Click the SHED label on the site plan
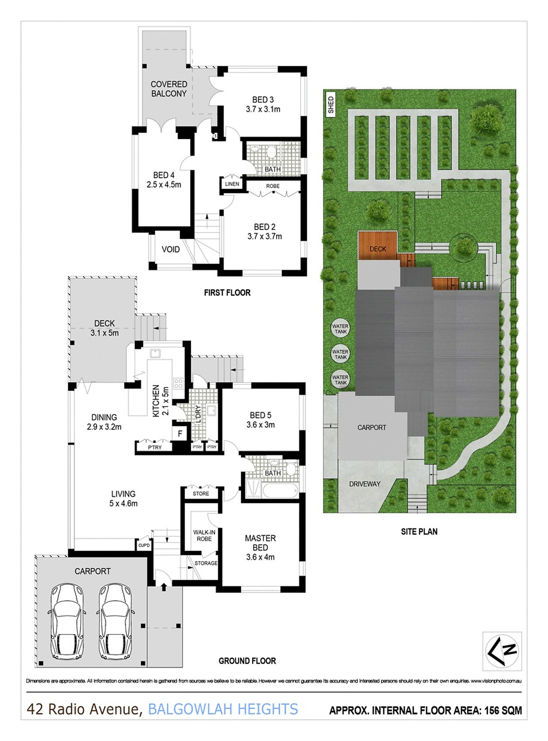[x=331, y=105]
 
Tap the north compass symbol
[x=502, y=651]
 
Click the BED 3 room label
[x=263, y=104]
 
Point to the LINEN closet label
[x=232, y=184]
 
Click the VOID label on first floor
[x=170, y=250]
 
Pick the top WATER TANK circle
[x=340, y=329]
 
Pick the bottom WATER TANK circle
[x=340, y=380]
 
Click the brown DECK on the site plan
[x=378, y=246]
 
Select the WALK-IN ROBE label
[x=204, y=535]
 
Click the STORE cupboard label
[x=201, y=494]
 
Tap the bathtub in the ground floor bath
[x=280, y=491]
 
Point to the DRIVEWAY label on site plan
[x=365, y=484]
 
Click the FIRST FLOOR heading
[x=227, y=293]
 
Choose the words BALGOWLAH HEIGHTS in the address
[x=223, y=709]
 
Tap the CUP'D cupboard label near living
[x=144, y=546]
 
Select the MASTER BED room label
[x=260, y=547]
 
